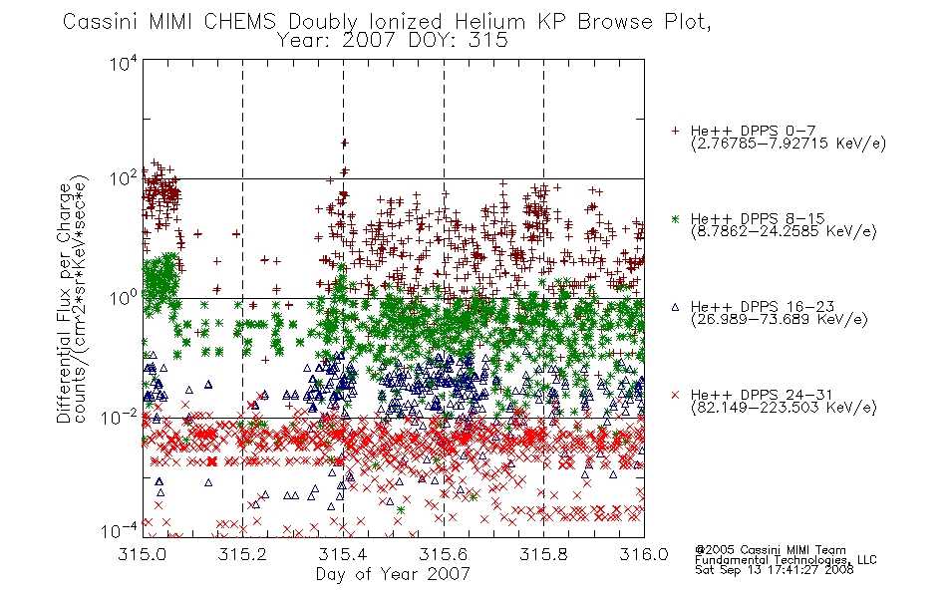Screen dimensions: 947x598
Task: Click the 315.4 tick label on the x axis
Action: click(x=343, y=554)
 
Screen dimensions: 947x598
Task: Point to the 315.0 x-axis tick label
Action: click(x=143, y=554)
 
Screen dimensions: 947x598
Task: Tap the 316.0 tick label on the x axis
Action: click(x=644, y=554)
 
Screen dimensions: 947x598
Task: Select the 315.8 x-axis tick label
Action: click(x=543, y=554)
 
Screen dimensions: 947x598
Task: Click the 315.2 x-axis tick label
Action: click(x=243, y=554)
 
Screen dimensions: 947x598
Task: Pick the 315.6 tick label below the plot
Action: click(x=444, y=554)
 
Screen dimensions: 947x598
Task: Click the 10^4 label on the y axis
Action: click(x=124, y=63)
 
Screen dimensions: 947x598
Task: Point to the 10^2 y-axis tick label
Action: click(x=124, y=179)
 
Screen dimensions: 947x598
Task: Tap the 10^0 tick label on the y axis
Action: click(x=124, y=298)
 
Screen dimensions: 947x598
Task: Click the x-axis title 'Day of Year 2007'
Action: click(x=393, y=574)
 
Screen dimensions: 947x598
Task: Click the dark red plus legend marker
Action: click(x=675, y=131)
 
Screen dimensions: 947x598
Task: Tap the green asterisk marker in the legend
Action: click(x=675, y=218)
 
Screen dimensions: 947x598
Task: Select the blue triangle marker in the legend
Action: click(x=675, y=307)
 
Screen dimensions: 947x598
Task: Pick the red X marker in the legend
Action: click(x=675, y=395)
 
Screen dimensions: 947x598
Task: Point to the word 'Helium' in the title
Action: click(x=489, y=22)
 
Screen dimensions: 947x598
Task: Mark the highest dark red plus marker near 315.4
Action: click(x=344, y=144)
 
